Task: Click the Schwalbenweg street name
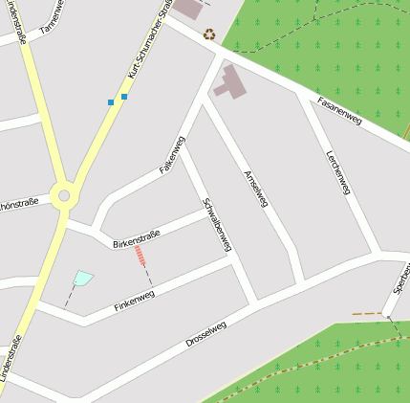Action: [217, 224]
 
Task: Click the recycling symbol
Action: [209, 34]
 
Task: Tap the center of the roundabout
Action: [64, 196]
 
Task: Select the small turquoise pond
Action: [83, 279]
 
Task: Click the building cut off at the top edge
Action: [189, 8]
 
